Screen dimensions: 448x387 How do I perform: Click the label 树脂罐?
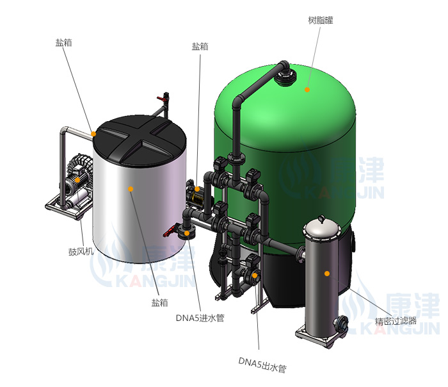321,21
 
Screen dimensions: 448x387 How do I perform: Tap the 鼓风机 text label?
81,251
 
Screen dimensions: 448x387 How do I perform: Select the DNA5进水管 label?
200,318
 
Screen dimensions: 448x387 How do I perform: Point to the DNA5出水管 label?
262,365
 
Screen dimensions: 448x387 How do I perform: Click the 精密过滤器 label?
396,321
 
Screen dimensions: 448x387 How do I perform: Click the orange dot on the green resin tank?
307,90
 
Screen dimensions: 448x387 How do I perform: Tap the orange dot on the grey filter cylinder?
327,274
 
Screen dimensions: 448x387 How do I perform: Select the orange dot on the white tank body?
131,189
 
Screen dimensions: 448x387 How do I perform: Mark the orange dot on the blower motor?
77,180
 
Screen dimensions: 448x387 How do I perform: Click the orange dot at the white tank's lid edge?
93,134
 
